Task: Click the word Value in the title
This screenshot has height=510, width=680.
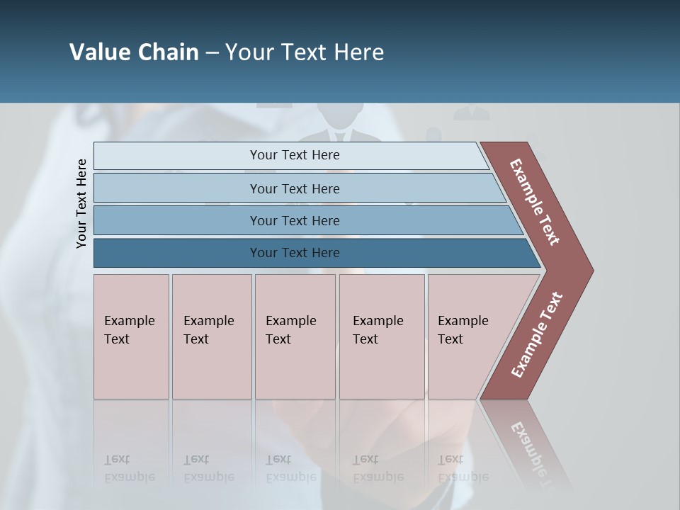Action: (98, 52)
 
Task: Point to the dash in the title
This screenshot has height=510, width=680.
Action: (212, 53)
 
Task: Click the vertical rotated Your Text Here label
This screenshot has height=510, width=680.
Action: (81, 204)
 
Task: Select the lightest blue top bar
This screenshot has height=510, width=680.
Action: (290, 156)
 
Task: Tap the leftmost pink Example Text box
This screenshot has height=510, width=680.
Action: (131, 336)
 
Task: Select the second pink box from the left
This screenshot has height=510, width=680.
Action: (211, 336)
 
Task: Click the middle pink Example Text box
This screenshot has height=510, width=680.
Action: (295, 336)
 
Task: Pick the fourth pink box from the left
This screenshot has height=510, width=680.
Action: (381, 336)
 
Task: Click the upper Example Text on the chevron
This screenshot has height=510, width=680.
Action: (535, 202)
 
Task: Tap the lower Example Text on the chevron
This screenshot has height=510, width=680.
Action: (537, 335)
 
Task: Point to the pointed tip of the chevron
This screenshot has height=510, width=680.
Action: (589, 270)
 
